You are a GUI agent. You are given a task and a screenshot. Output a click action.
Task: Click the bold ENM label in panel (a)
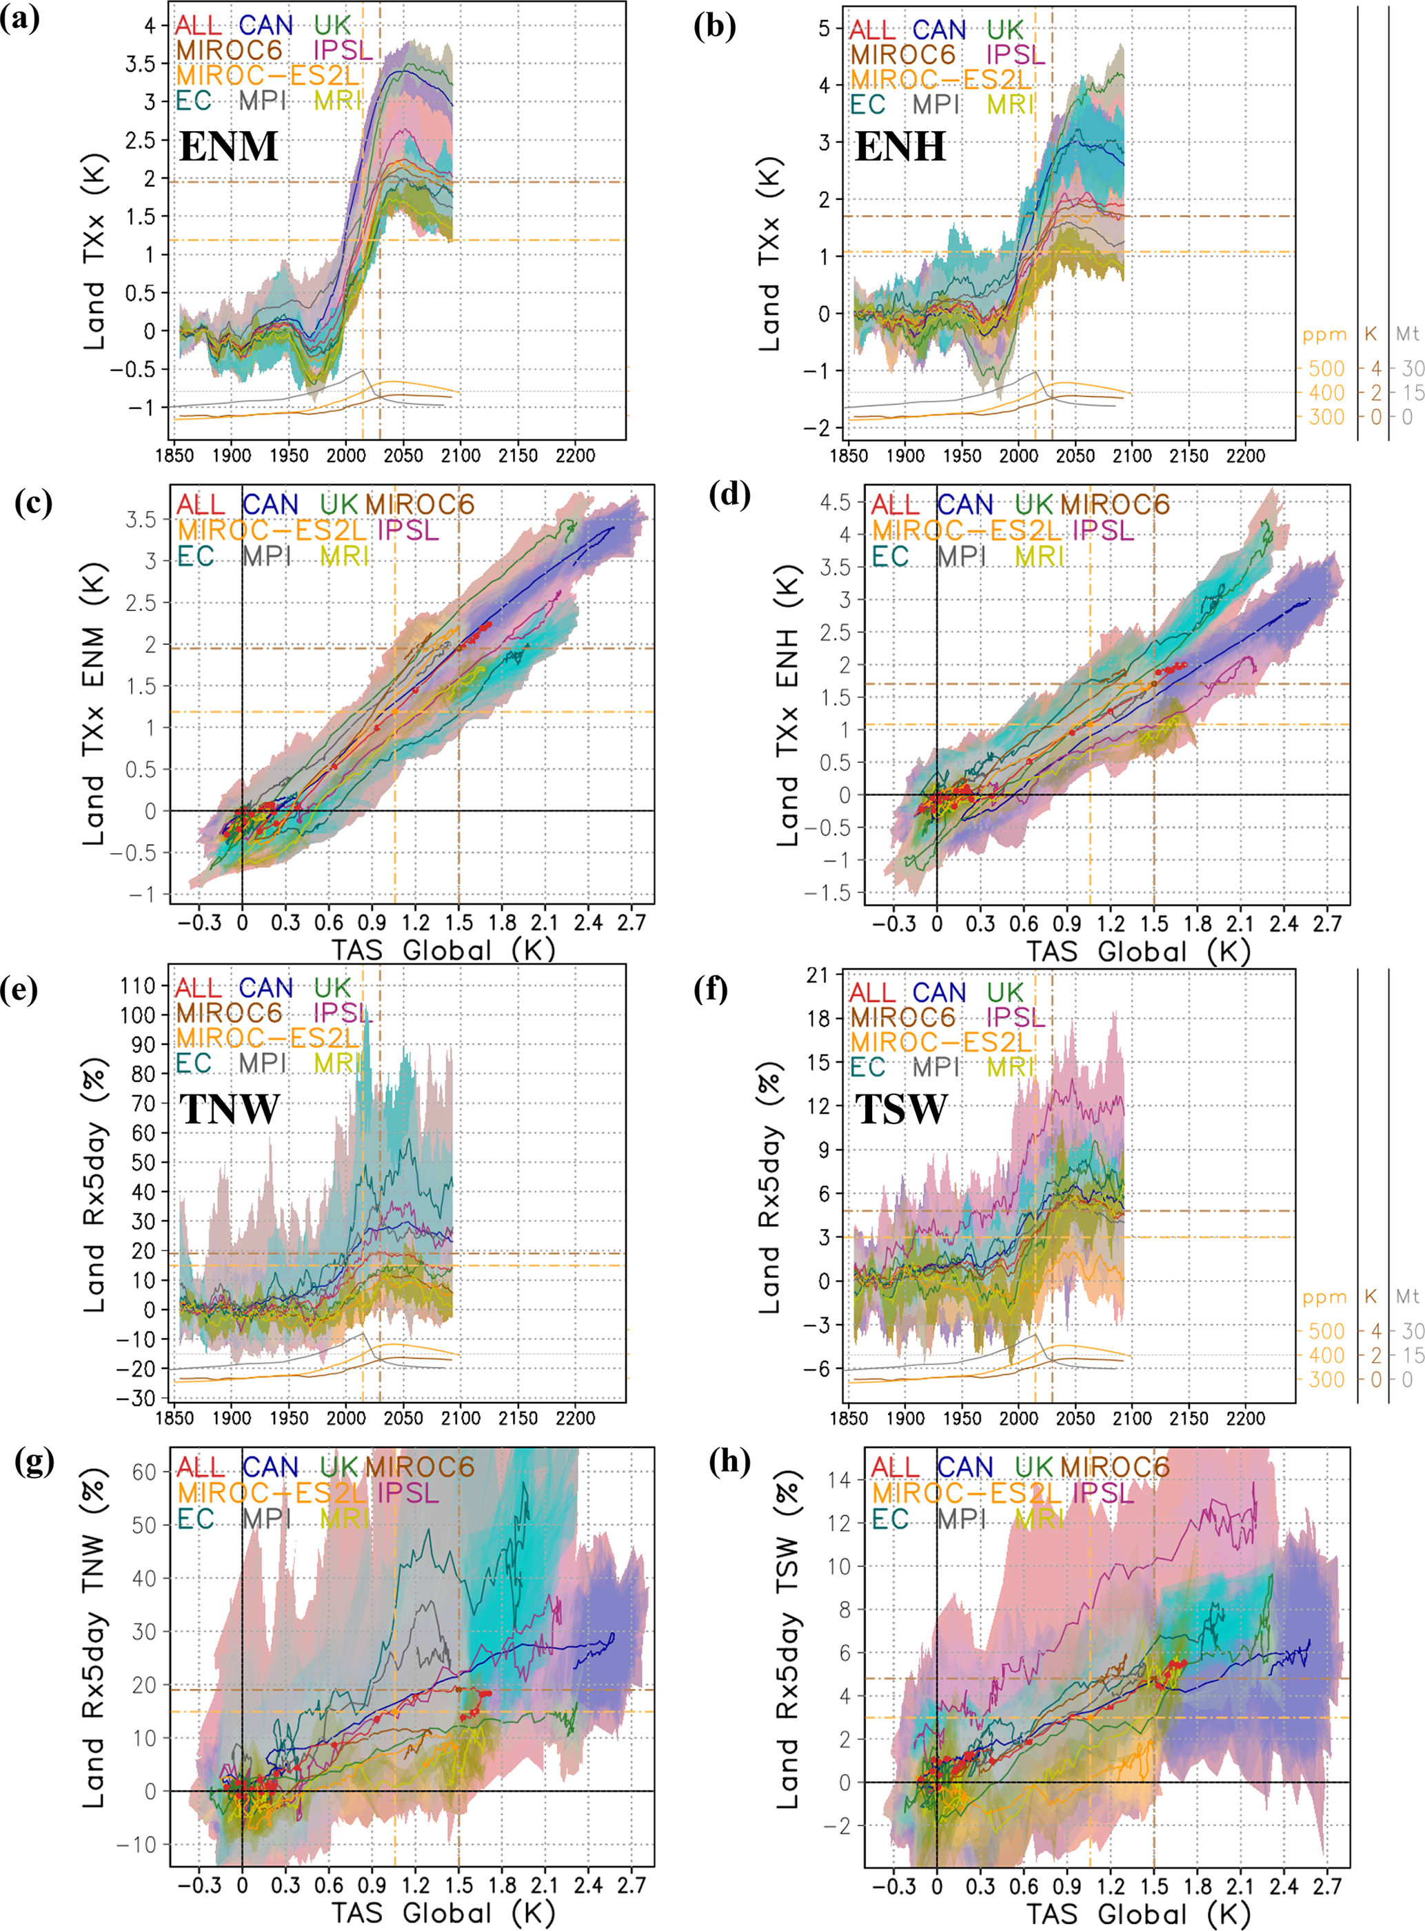pyautogui.click(x=229, y=146)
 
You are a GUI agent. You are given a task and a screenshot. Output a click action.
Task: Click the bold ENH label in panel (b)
pyautogui.click(x=900, y=146)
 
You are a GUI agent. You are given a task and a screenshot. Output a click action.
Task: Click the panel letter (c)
pyautogui.click(x=35, y=503)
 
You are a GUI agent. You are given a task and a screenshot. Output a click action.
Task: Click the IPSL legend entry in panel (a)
pyautogui.click(x=343, y=51)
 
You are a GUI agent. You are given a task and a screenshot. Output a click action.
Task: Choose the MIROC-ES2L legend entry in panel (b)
pyautogui.click(x=941, y=79)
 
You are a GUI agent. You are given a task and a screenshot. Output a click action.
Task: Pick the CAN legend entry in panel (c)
pyautogui.click(x=270, y=505)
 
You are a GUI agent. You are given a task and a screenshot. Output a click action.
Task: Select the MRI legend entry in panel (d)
pyautogui.click(x=1040, y=557)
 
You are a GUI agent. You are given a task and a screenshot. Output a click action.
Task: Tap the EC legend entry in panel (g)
pyautogui.click(x=195, y=1519)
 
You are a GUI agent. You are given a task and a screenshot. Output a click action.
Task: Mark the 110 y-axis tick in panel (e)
pyautogui.click(x=138, y=985)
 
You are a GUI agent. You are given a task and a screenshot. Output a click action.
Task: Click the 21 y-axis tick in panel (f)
pyautogui.click(x=817, y=975)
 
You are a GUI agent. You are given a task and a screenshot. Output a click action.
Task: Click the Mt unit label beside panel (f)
pyautogui.click(x=1408, y=1297)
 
